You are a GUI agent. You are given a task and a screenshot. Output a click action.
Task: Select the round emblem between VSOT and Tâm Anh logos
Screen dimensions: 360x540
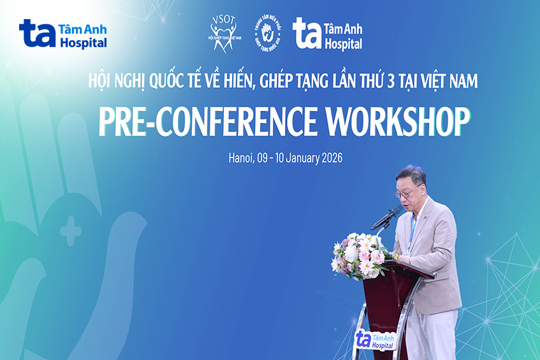click(268, 32)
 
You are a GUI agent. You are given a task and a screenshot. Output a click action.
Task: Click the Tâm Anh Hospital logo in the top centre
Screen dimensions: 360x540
click(327, 33)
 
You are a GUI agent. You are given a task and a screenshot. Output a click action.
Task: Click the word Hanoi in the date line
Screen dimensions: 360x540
click(240, 158)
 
